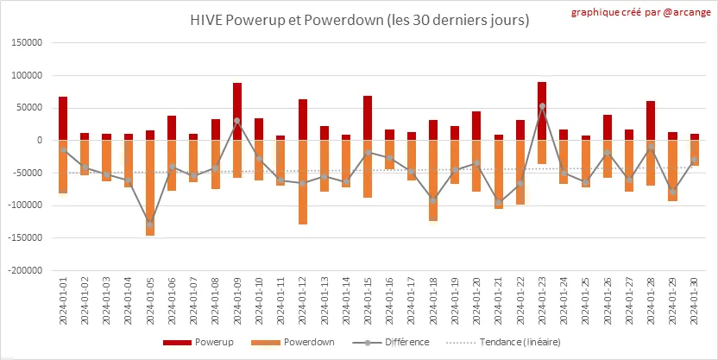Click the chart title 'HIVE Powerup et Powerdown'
[x=287, y=21]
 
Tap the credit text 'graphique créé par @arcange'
[x=641, y=13]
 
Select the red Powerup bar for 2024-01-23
[x=542, y=111]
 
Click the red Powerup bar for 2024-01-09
[x=236, y=111]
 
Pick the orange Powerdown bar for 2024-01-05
[x=150, y=188]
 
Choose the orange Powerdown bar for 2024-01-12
[x=303, y=182]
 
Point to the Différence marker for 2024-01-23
[x=542, y=106]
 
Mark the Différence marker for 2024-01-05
[x=150, y=224]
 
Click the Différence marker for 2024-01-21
[x=499, y=202]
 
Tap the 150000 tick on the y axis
[x=28, y=43]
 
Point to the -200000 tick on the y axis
[x=27, y=271]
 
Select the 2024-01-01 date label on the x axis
[x=63, y=300]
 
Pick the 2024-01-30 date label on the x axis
[x=694, y=300]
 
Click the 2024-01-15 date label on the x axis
[x=368, y=300]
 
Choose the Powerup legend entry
[x=198, y=342]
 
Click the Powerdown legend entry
[x=293, y=342]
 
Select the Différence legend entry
[x=391, y=342]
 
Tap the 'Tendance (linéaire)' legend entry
[x=504, y=342]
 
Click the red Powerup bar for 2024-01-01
[x=63, y=118]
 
